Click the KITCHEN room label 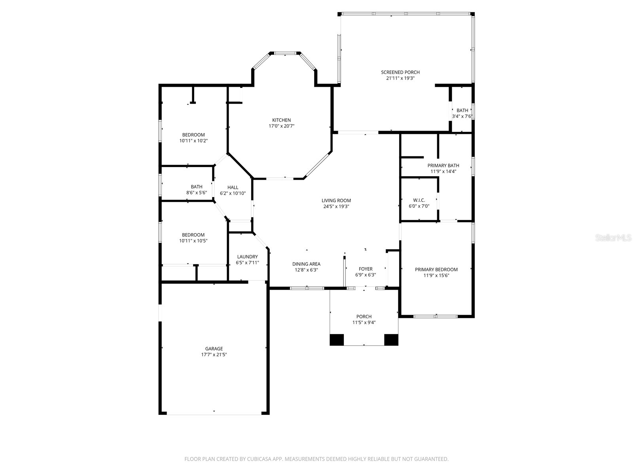pos(281,120)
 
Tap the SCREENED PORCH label pos(400,72)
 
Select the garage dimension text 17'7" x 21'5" pos(214,355)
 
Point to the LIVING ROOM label pos(336,200)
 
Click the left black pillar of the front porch pos(337,340)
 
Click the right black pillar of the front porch pos(391,340)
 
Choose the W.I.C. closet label pos(419,200)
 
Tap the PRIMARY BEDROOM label pos(436,270)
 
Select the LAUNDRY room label pos(247,256)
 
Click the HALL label pos(233,187)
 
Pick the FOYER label pos(365,269)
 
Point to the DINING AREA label pos(306,264)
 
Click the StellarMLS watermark pos(614,238)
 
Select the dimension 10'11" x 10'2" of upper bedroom pos(193,141)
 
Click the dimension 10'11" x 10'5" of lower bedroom pos(193,241)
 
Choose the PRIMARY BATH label pos(443,165)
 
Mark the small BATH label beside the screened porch pos(462,110)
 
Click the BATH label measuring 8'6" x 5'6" pos(196,187)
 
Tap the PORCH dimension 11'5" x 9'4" pos(364,322)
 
